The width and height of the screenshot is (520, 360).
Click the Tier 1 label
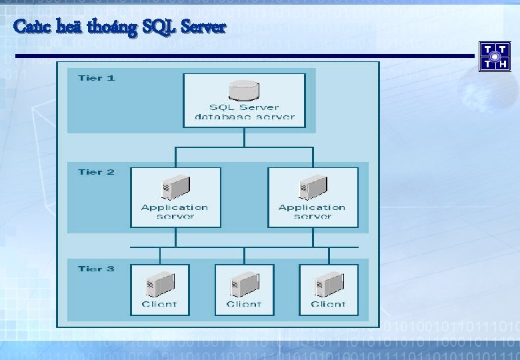(x=96, y=78)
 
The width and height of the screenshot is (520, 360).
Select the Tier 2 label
(x=96, y=172)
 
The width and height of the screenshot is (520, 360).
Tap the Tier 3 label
(x=96, y=269)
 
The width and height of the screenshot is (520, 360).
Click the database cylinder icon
(x=244, y=89)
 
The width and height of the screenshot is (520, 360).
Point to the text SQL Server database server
(x=244, y=112)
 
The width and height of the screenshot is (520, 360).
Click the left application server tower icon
(x=175, y=187)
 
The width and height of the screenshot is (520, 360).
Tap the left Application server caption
(x=175, y=211)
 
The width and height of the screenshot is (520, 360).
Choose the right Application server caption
(x=312, y=211)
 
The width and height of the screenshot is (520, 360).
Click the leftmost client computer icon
(x=159, y=285)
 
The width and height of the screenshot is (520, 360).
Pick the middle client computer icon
(x=244, y=285)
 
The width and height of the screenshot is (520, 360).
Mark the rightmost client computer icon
(x=328, y=285)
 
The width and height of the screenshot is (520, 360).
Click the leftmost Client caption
(x=159, y=304)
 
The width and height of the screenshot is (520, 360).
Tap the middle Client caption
(x=244, y=304)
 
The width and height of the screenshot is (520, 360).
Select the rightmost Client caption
(x=328, y=304)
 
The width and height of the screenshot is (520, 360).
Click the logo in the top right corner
(x=495, y=56)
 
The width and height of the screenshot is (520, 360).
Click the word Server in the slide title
(x=203, y=27)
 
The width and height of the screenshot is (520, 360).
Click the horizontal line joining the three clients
(x=244, y=247)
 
